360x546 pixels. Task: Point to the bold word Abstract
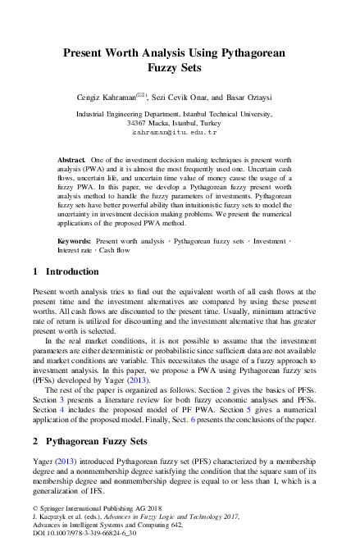(x=72, y=156)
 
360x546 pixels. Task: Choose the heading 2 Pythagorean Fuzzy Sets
(x=89, y=441)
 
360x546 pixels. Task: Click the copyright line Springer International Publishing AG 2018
(x=91, y=509)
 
